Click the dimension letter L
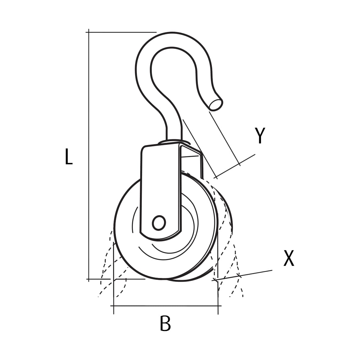69,156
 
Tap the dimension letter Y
260,136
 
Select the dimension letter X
289,258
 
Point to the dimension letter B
165,324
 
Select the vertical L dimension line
89,152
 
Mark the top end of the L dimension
89,32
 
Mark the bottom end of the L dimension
89,279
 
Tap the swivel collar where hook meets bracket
174,142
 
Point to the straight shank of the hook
174,128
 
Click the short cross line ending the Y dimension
235,166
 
